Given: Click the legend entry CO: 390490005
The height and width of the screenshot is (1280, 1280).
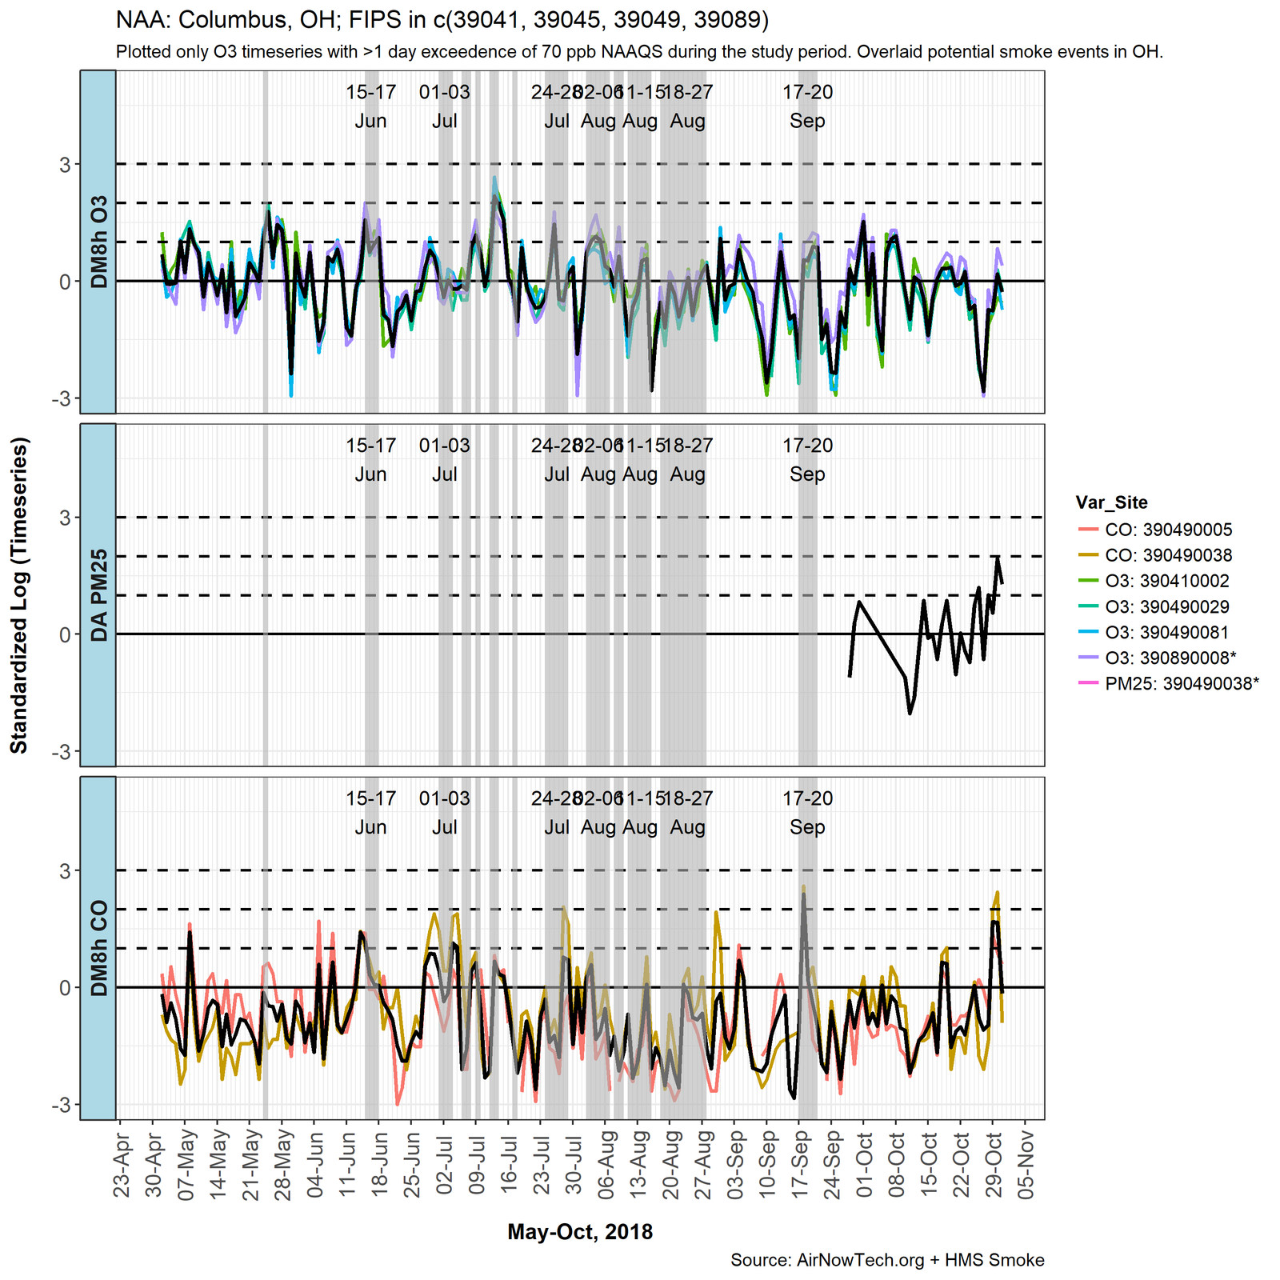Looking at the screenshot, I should click(1168, 530).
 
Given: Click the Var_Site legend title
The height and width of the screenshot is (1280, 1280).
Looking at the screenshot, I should click(1111, 502).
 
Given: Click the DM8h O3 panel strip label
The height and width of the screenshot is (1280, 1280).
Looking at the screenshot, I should click(98, 242).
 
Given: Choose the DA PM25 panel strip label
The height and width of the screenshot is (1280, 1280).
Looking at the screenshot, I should click(98, 594).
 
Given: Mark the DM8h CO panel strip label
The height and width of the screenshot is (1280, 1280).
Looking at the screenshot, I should click(98, 948).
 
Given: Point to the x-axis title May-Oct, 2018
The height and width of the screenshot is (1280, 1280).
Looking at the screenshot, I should click(580, 1231).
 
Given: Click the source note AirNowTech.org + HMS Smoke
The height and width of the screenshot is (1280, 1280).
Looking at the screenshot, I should click(887, 1260).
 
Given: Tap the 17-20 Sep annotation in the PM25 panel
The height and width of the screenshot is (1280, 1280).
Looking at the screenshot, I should click(807, 459).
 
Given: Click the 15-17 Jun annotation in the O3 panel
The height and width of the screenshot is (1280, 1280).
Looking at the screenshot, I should click(371, 106).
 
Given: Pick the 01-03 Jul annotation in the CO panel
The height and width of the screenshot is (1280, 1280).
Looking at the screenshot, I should click(445, 812).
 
